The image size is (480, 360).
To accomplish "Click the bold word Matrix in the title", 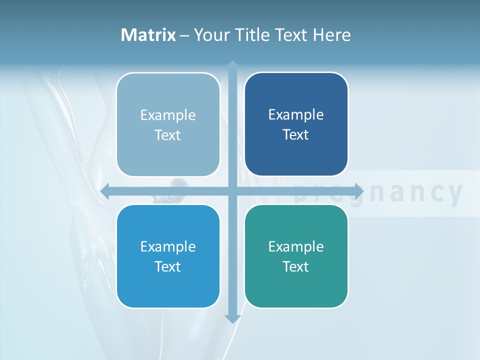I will tap(148, 35).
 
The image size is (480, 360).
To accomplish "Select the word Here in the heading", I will tap(332, 35).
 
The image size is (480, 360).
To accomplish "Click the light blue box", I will tap(168, 124).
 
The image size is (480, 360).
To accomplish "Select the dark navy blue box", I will tap(296, 124).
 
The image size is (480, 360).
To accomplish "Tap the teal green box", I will tap(296, 256).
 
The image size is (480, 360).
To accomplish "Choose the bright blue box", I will tap(168, 256).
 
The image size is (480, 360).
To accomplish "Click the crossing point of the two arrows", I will tap(232, 191).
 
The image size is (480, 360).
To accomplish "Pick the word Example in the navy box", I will tap(296, 114).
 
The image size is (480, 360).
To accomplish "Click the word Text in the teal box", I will tap(296, 266).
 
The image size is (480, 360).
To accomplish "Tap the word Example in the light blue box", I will tap(168, 115).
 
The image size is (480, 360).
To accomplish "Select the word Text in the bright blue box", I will tap(168, 266).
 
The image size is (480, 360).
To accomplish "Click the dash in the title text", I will tap(184, 35).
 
